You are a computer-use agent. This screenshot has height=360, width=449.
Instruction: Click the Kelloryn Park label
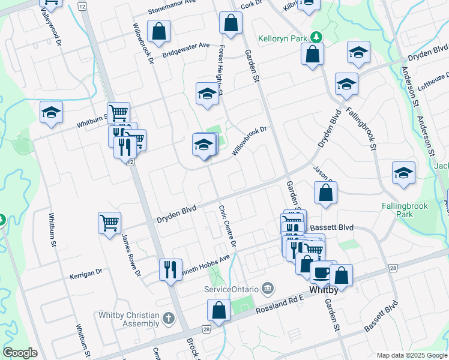(x=282, y=38)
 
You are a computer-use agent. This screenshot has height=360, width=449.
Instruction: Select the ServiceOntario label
(x=231, y=289)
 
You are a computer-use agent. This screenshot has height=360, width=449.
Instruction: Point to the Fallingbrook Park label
(x=406, y=209)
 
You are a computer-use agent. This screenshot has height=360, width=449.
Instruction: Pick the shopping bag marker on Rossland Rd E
(x=219, y=310)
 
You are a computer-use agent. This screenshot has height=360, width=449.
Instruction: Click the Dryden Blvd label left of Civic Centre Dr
(x=176, y=214)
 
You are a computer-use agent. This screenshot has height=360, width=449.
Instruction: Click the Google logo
(x=20, y=353)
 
